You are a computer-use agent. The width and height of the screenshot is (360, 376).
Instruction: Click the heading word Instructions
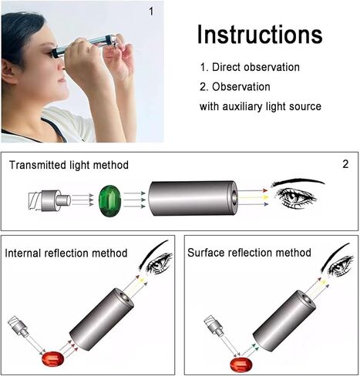pos(259,35)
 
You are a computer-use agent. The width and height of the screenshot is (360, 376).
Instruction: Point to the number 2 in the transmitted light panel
pos(344,164)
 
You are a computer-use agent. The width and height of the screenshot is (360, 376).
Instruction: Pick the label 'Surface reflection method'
pos(249,253)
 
